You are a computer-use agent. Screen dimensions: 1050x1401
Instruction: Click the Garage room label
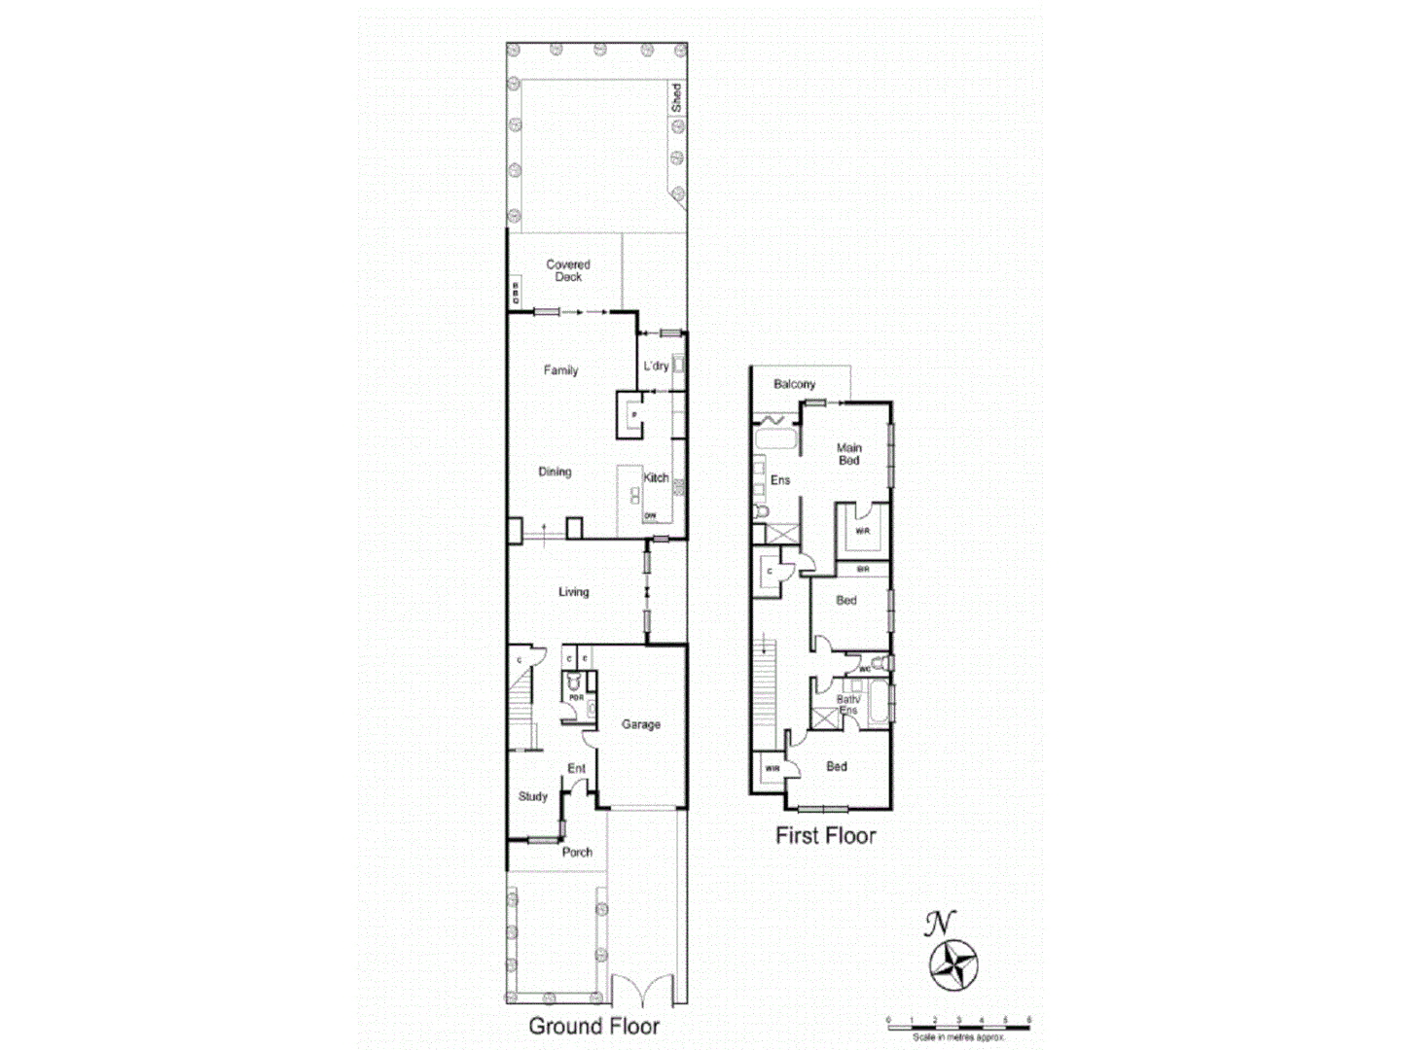pyautogui.click(x=641, y=724)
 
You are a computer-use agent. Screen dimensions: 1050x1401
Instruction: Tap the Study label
pyautogui.click(x=532, y=796)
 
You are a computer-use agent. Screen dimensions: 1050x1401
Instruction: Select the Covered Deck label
pyautogui.click(x=568, y=270)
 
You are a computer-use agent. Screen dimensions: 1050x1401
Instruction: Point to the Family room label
pyautogui.click(x=560, y=370)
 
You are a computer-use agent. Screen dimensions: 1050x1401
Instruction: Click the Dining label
pyautogui.click(x=555, y=472)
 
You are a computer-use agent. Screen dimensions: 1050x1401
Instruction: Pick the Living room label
pyautogui.click(x=573, y=592)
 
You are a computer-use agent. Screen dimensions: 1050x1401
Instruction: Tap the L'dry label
pyautogui.click(x=656, y=367)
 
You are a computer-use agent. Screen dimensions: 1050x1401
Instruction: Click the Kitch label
pyautogui.click(x=656, y=477)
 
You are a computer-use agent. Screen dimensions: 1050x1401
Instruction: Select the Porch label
pyautogui.click(x=577, y=853)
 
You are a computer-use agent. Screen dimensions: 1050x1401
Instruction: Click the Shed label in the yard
pyautogui.click(x=676, y=97)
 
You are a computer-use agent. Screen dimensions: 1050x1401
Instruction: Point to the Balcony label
pyautogui.click(x=794, y=384)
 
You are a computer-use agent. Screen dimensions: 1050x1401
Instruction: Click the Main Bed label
pyautogui.click(x=848, y=454)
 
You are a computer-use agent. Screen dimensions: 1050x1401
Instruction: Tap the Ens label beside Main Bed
pyautogui.click(x=780, y=480)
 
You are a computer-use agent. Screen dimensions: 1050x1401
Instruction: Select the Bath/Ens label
pyautogui.click(x=848, y=705)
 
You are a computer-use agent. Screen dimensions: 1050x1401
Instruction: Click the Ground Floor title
pyautogui.click(x=593, y=1026)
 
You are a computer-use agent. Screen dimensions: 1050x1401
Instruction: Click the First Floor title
pyautogui.click(x=825, y=835)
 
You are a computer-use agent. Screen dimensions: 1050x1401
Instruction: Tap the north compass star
pyautogui.click(x=952, y=965)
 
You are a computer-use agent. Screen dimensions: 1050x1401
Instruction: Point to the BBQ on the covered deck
pyautogui.click(x=516, y=293)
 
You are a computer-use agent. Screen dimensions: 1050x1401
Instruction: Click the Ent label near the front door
pyautogui.click(x=577, y=769)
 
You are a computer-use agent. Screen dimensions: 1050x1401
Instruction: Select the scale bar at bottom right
pyautogui.click(x=958, y=1023)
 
